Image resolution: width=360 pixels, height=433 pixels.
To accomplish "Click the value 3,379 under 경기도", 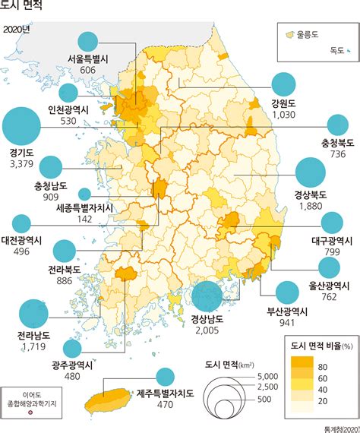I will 21,163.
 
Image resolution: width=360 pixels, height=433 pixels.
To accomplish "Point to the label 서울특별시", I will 88,59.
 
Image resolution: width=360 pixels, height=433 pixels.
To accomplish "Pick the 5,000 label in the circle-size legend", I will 268,377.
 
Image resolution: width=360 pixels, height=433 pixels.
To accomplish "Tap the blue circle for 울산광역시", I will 329,267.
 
